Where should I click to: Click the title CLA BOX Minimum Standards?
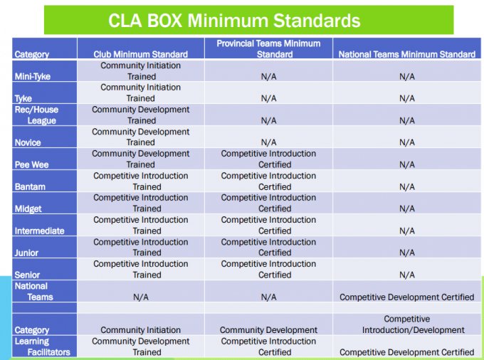(x=234, y=21)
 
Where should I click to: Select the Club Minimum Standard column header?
(x=141, y=54)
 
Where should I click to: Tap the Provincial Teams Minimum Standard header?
(x=268, y=49)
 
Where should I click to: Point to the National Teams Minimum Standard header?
(x=407, y=54)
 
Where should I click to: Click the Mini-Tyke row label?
(x=33, y=76)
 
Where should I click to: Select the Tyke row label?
(x=23, y=98)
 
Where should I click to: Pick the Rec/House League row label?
(x=36, y=115)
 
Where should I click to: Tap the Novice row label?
(x=28, y=142)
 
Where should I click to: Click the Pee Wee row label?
(x=31, y=164)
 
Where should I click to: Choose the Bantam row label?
(x=30, y=186)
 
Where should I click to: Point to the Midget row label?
(x=28, y=209)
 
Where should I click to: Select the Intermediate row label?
(x=40, y=231)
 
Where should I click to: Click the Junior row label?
(x=26, y=253)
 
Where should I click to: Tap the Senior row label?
(x=27, y=275)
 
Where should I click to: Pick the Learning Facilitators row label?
(x=42, y=346)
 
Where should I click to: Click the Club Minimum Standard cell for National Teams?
(x=141, y=297)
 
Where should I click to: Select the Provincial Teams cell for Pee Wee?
(x=268, y=159)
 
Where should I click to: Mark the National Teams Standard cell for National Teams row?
(x=407, y=297)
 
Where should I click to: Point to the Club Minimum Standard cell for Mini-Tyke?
(x=141, y=71)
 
